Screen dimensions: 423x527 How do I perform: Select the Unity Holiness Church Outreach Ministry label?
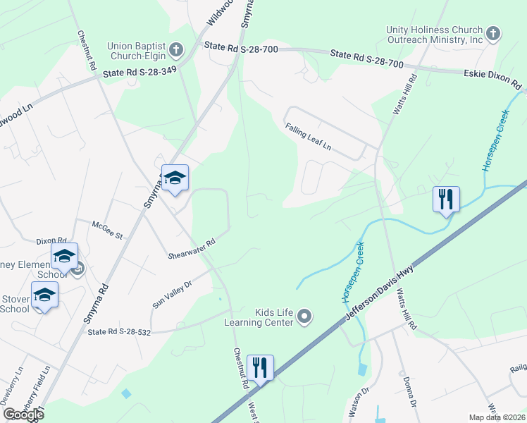[434, 35]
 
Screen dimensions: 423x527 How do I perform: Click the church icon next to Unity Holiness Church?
[492, 32]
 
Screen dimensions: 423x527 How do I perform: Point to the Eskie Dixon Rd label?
[492, 79]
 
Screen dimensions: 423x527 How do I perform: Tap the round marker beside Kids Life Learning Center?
[304, 317]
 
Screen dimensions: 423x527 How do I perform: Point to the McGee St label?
[107, 228]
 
